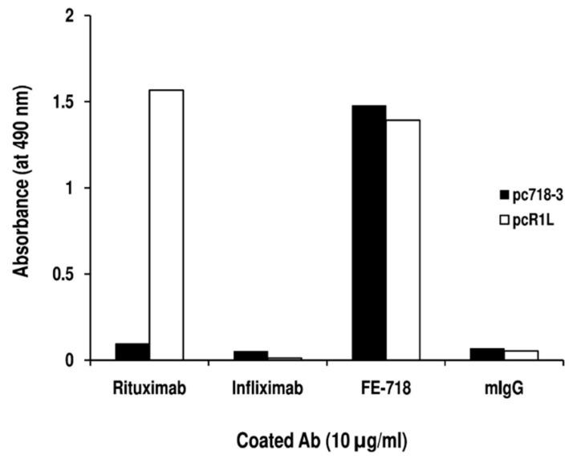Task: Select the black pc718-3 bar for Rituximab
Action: pyautogui.click(x=132, y=351)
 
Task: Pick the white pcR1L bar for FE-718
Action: pyautogui.click(x=403, y=240)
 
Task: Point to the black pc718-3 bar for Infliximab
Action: pyautogui.click(x=250, y=355)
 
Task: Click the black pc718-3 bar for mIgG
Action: pyautogui.click(x=487, y=354)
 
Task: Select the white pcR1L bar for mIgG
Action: pyautogui.click(x=522, y=355)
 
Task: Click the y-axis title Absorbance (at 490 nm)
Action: pyautogui.click(x=22, y=189)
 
